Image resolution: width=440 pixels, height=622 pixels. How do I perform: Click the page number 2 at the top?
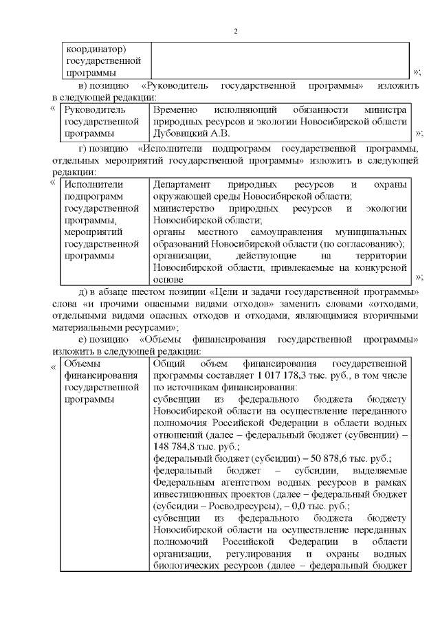tap(235, 32)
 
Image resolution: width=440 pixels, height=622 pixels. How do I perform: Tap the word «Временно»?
tap(175, 110)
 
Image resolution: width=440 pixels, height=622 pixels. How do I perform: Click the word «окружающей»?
tap(181, 197)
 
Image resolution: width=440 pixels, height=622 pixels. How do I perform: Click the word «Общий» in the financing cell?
tap(168, 363)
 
